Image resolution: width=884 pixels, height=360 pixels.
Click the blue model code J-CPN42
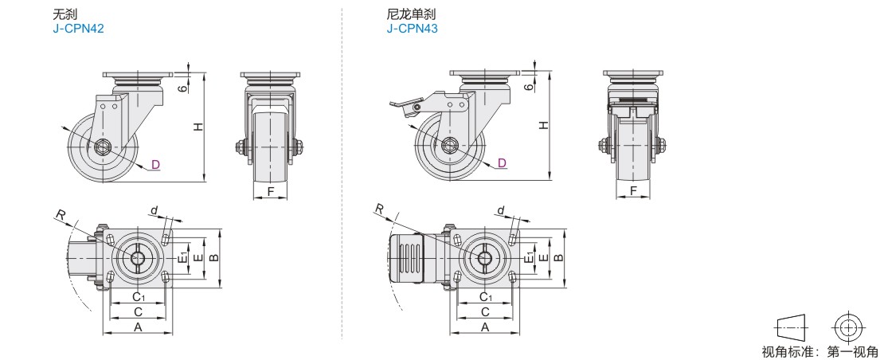pyautogui.click(x=78, y=29)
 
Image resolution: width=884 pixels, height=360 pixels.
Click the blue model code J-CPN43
pyautogui.click(x=412, y=29)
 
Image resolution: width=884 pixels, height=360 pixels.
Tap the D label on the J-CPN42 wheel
pyautogui.click(x=155, y=165)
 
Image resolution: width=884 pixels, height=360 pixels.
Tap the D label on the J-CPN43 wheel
pyautogui.click(x=502, y=162)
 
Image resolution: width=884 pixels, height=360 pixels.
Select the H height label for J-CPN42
pyautogui.click(x=198, y=127)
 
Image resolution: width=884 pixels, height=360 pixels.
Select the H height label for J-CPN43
pyautogui.click(x=543, y=125)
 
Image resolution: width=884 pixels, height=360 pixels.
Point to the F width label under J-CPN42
pyautogui.click(x=271, y=191)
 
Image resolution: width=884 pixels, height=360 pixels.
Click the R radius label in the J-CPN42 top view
pyautogui.click(x=59, y=215)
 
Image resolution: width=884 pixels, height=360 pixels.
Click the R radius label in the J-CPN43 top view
pyautogui.click(x=379, y=209)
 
